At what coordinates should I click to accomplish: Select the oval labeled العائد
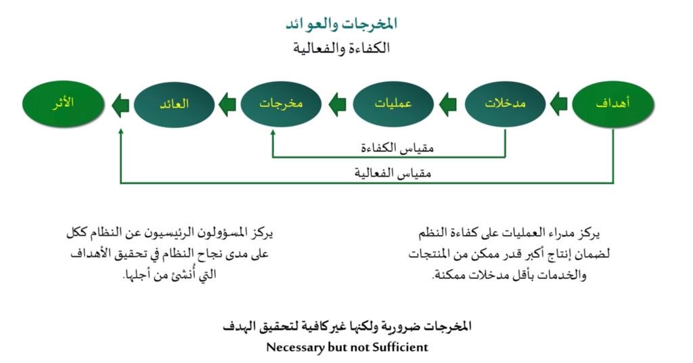[x=174, y=104]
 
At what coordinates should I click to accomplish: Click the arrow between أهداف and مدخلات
[x=559, y=104]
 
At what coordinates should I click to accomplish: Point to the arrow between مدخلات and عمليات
[x=448, y=104]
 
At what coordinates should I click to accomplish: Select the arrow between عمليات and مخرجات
[x=337, y=104]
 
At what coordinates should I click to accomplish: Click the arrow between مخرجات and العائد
[x=227, y=104]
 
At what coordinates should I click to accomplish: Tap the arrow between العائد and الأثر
[x=120, y=105]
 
